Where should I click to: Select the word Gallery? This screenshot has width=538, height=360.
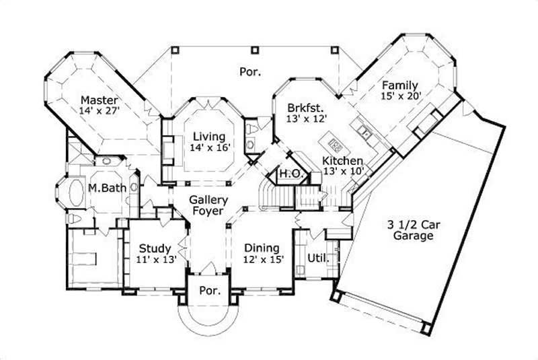point(208,200)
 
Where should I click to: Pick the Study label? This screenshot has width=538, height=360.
point(155,248)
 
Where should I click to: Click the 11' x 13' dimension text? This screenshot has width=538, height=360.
point(155,260)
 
